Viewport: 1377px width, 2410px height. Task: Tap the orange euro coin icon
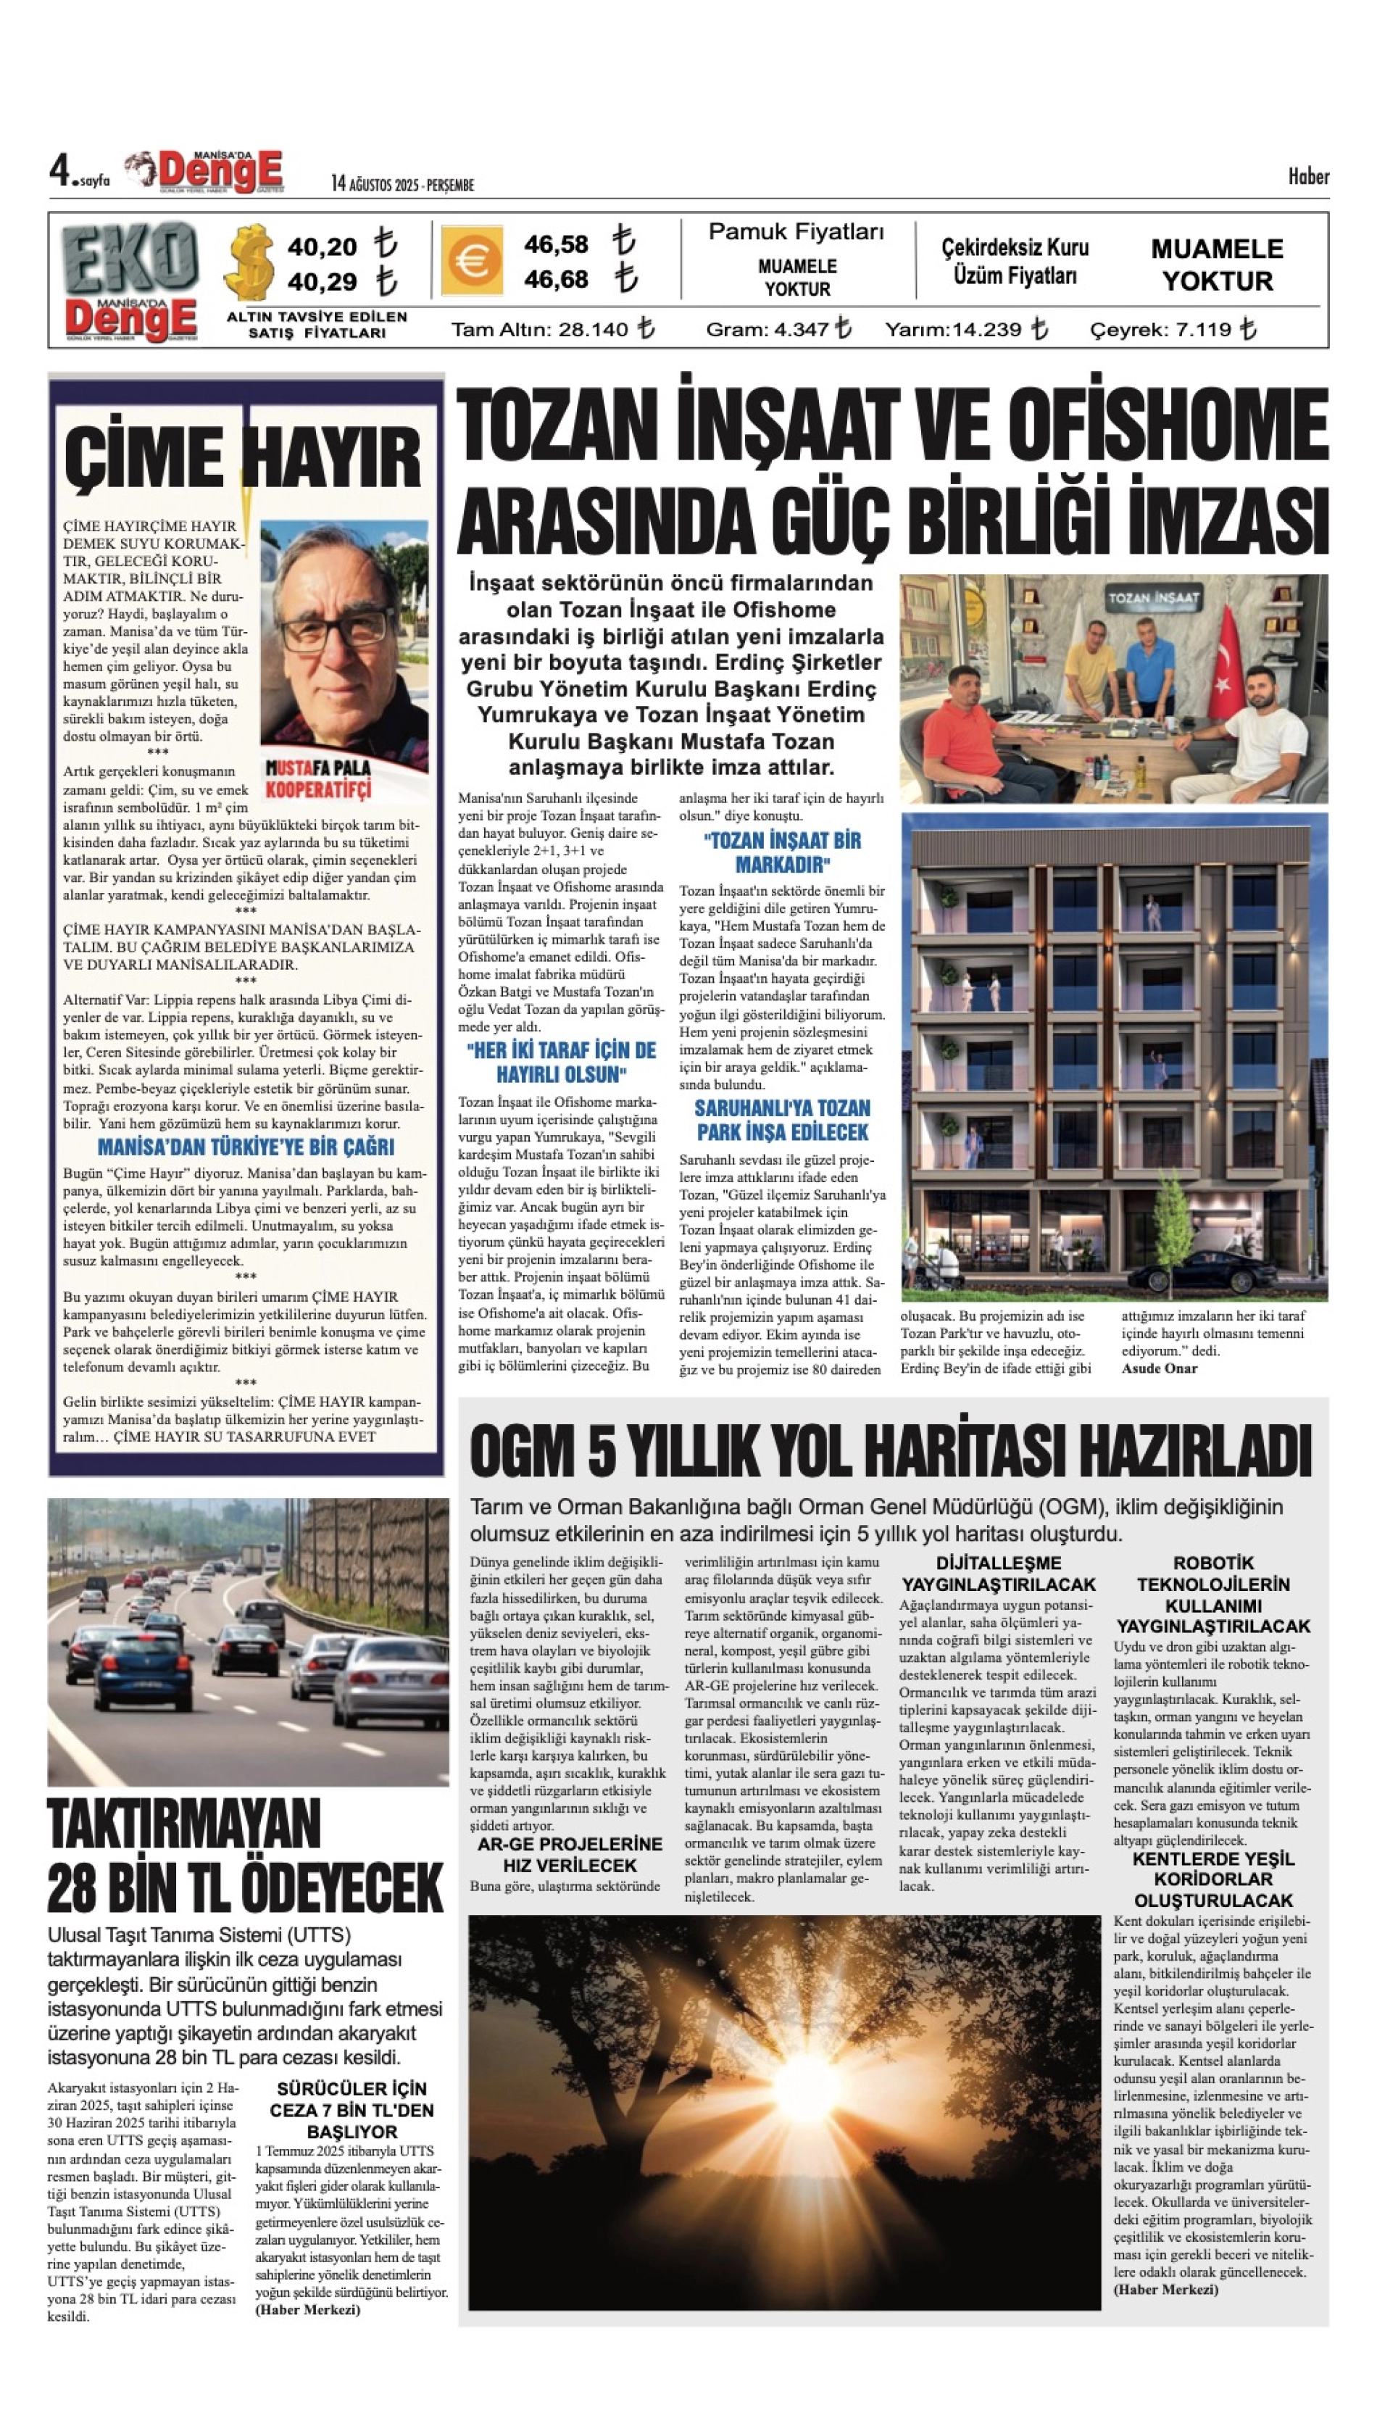pyautogui.click(x=471, y=261)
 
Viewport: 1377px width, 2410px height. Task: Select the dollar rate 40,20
pyautogui.click(x=322, y=247)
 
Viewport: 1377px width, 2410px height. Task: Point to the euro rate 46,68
pyautogui.click(x=556, y=280)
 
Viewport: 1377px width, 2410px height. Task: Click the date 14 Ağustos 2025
pyautogui.click(x=402, y=184)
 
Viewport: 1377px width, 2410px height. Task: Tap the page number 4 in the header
pyautogui.click(x=59, y=171)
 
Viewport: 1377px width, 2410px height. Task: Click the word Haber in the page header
pyautogui.click(x=1308, y=177)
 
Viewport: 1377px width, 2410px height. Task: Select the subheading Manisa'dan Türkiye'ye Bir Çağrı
pyautogui.click(x=246, y=1147)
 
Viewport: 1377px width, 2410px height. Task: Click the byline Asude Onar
pyautogui.click(x=1160, y=1368)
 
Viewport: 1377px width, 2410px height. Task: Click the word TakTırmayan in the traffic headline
pyautogui.click(x=184, y=1824)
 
